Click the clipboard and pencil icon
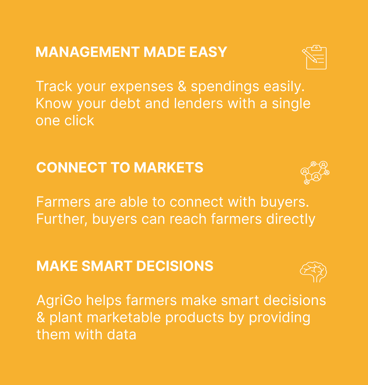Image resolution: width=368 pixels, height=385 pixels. tap(314, 57)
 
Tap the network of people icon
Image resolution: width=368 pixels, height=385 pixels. tap(315, 173)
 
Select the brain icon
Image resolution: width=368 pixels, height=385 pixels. tap(313, 272)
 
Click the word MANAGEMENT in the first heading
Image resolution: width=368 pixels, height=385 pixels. tap(88, 52)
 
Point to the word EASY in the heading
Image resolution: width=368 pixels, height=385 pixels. tap(208, 52)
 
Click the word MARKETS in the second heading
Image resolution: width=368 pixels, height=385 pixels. tap(168, 167)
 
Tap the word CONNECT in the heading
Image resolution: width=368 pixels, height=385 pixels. tap(71, 167)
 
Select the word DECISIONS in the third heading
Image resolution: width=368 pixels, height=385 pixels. tap(175, 266)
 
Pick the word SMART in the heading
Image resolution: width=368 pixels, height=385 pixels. tap(107, 266)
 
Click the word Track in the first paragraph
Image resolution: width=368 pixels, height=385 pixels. tap(54, 86)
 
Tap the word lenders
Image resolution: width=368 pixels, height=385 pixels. tap(198, 103)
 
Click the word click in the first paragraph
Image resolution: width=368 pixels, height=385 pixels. tap(79, 120)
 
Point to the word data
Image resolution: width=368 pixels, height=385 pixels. tap(122, 335)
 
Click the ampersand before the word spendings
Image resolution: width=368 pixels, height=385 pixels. tap(182, 86)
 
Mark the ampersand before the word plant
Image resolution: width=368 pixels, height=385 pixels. tap(41, 317)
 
